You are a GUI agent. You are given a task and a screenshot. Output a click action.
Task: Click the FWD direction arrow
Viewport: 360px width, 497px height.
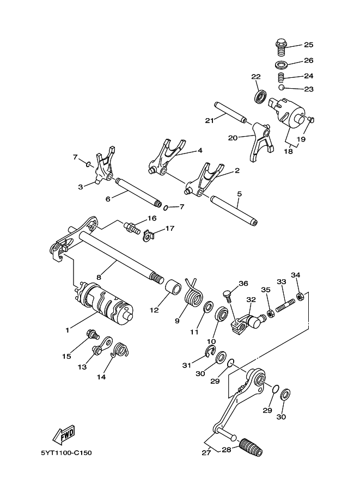tap(64, 434)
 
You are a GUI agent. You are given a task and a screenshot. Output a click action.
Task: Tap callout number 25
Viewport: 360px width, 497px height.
tap(309, 45)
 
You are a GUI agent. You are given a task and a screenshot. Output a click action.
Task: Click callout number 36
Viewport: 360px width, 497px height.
tap(243, 283)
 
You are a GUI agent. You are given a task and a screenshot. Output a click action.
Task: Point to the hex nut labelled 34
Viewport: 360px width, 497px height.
tap(300, 297)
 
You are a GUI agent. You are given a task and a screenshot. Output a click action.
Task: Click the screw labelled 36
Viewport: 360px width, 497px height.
tap(228, 296)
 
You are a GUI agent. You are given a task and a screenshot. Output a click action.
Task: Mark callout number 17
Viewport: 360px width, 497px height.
tap(170, 229)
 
